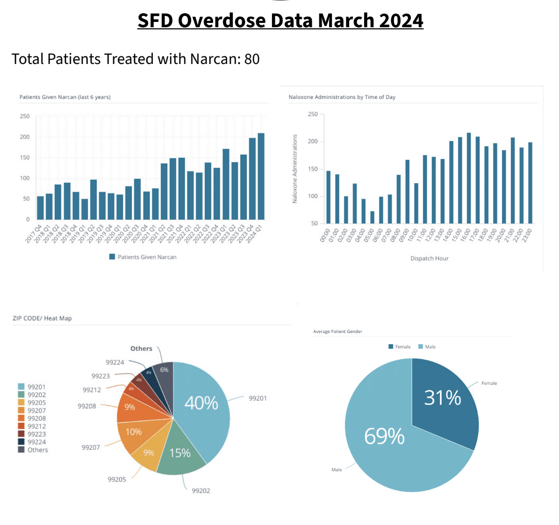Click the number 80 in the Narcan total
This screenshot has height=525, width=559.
(252, 59)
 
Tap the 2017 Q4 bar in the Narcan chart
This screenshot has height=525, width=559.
(40, 208)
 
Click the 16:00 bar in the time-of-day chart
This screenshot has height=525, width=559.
(469, 178)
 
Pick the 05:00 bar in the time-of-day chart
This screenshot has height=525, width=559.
(372, 217)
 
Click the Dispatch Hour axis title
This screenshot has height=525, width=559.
(429, 258)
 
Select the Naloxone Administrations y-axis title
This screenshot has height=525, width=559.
(295, 169)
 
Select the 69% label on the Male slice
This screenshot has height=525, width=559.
(384, 436)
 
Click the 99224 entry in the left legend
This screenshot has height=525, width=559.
(36, 442)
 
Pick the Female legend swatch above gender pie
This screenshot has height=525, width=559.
(391, 347)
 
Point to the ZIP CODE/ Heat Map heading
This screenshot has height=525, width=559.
(42, 318)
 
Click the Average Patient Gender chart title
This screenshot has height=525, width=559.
(337, 332)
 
